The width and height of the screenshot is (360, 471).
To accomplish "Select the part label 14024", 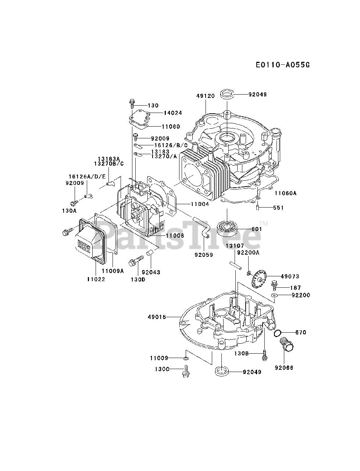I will [x=173, y=113].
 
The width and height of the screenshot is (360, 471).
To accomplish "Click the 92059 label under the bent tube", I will [x=204, y=254].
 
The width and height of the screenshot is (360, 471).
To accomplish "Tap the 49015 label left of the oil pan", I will [x=157, y=316].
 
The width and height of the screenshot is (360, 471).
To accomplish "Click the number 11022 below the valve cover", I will [x=96, y=279].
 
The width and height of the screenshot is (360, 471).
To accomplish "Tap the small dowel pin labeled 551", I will [x=259, y=208].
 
